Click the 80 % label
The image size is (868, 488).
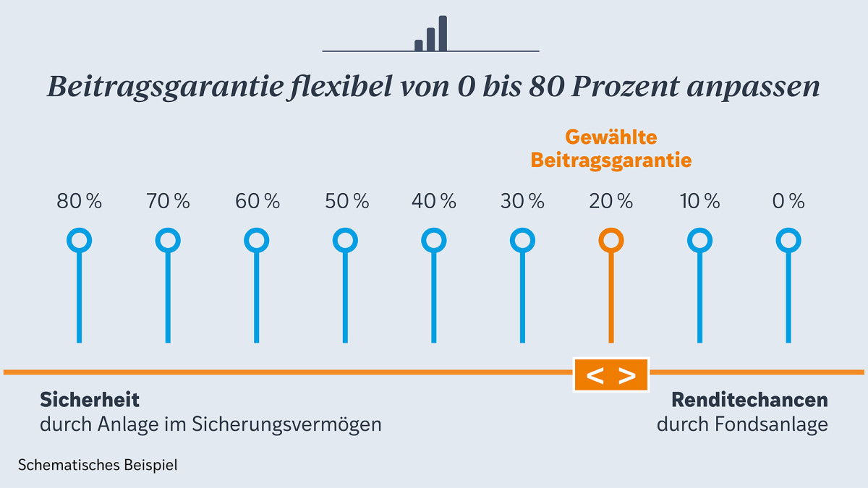[x=80, y=202]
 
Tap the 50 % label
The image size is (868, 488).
[x=346, y=202]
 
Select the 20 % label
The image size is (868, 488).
[x=610, y=202]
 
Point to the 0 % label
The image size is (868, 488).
[x=788, y=202]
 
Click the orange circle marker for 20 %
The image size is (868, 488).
[x=611, y=240]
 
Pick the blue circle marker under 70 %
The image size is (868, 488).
[x=168, y=240]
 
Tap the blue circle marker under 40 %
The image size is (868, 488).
[x=434, y=240]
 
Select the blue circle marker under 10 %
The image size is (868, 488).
[x=699, y=240]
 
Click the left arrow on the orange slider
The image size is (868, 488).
[x=595, y=376]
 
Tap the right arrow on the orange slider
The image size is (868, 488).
[x=627, y=376]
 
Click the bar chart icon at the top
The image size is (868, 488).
[x=431, y=34]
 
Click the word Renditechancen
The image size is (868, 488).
[x=749, y=400]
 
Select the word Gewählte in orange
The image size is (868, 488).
[x=611, y=137]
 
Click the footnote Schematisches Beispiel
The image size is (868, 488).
[x=98, y=465]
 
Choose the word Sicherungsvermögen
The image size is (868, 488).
[x=286, y=424]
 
